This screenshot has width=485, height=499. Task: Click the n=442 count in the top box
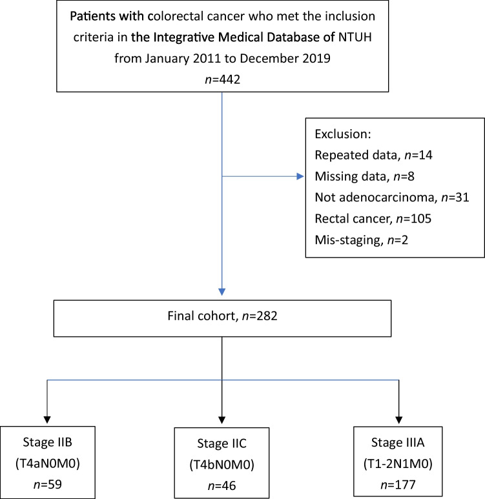tap(222, 79)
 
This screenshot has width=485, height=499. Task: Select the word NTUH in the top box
tap(355, 37)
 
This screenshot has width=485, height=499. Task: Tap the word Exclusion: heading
tap(343, 134)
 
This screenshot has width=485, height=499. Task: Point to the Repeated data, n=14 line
tap(373, 155)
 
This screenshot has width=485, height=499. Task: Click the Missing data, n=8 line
tap(365, 176)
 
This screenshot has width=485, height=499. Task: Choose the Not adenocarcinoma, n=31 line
tap(392, 198)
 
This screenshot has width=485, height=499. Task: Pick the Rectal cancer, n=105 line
tap(373, 219)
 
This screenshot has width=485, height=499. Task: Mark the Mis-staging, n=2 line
tap(362, 240)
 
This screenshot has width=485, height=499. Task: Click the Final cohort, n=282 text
tap(222, 316)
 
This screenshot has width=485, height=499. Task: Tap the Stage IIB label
tap(47, 442)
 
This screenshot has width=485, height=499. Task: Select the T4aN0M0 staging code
tap(47, 463)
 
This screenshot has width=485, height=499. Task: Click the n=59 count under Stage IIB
tap(47, 484)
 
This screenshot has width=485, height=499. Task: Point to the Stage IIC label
tap(222, 443)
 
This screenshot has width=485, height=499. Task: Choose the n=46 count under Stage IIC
tap(222, 485)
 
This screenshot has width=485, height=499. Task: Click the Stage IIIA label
tap(398, 442)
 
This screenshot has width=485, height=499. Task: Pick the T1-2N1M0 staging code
tap(398, 463)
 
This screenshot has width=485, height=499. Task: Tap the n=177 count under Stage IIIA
tap(398, 485)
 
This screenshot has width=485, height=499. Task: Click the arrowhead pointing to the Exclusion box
tap(300, 176)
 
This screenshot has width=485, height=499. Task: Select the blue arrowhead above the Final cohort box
tap(222, 292)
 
